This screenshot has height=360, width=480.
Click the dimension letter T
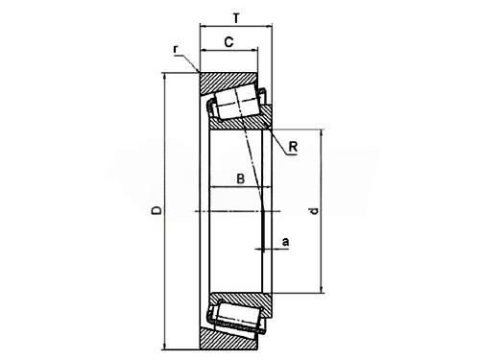(x=236, y=18)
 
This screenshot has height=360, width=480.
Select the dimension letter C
(x=228, y=42)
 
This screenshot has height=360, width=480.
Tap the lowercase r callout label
(x=176, y=49)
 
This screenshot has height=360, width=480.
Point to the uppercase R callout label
(x=293, y=147)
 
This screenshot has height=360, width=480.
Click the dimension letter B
(x=240, y=179)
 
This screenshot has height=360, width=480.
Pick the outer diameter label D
(x=156, y=210)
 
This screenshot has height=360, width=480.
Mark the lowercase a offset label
(x=285, y=242)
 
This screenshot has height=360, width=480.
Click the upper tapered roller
(x=237, y=103)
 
